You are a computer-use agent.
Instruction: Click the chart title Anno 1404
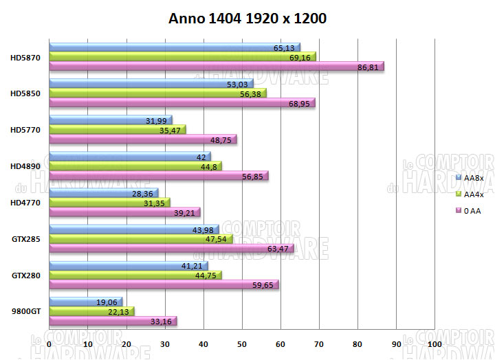pos(247,19)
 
